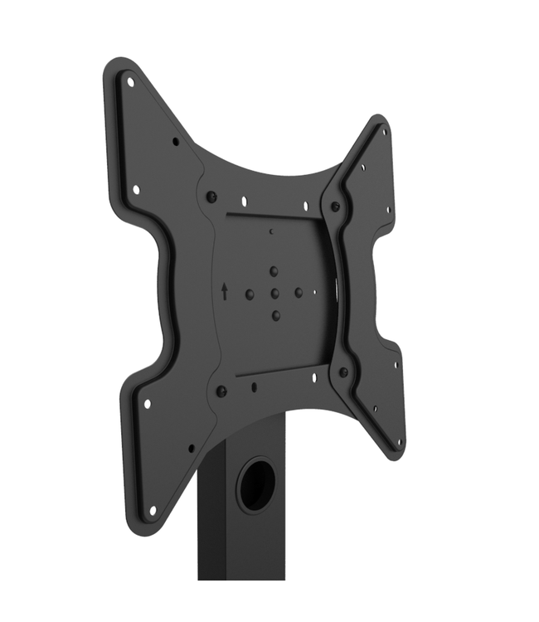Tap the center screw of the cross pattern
pos(274,294)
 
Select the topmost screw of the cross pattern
pos(274,270)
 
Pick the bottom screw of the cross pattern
pos(275,315)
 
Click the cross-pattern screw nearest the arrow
pos(250,294)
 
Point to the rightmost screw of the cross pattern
pos(299,292)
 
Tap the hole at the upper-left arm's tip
pos(130,82)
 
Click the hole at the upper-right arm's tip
pos(383,131)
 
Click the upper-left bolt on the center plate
pos(211,197)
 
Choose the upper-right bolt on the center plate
pos(335,207)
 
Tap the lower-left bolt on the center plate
pos(221,391)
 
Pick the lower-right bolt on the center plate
pos(343,372)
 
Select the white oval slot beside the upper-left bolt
pos(244,200)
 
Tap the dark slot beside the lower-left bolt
pos(253,386)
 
